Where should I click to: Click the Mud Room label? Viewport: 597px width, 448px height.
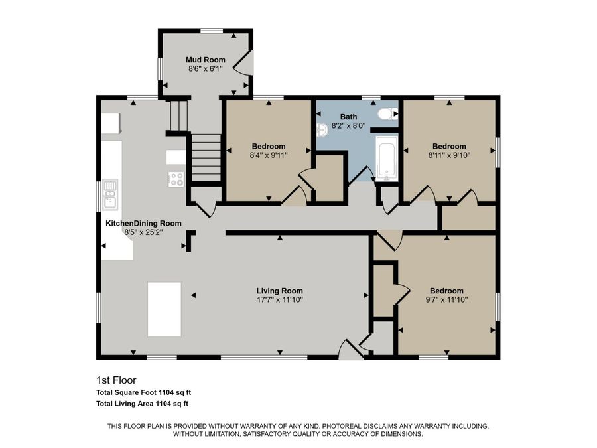(205, 60)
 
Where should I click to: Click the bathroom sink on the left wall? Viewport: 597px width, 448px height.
(320, 129)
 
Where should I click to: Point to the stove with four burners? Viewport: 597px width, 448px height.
(176, 179)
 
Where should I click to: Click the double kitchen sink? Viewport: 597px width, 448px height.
(109, 193)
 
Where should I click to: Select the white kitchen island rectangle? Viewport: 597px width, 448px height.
(164, 309)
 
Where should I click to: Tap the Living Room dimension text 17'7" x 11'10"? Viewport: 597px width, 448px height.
(279, 300)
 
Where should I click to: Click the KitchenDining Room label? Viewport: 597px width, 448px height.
(143, 224)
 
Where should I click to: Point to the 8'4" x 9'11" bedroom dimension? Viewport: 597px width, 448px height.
(269, 156)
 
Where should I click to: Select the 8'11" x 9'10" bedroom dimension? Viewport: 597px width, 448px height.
(449, 156)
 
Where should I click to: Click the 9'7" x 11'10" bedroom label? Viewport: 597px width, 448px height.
(446, 291)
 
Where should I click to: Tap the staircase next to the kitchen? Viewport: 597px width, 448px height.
(206, 157)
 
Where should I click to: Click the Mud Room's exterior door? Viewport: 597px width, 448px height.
(245, 63)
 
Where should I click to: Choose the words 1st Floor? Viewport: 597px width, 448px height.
(116, 381)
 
